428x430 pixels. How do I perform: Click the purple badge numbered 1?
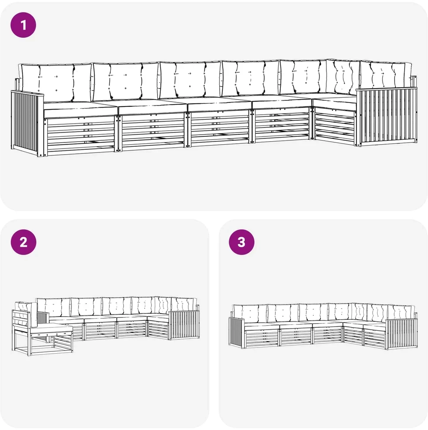[23, 25]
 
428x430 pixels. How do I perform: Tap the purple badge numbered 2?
[23, 242]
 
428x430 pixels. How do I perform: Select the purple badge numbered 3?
[242, 242]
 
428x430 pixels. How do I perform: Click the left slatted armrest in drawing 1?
[27, 123]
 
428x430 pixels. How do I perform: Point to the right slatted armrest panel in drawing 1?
[387, 116]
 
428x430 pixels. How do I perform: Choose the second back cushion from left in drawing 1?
[125, 81]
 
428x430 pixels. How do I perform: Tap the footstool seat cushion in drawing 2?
[52, 329]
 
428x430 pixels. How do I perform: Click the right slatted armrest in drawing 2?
[184, 325]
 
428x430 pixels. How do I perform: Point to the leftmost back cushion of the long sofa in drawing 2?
[53, 307]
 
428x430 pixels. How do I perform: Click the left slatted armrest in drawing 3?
[237, 332]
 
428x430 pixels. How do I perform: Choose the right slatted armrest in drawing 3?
[402, 334]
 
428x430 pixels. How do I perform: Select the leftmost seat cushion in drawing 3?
[262, 326]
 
